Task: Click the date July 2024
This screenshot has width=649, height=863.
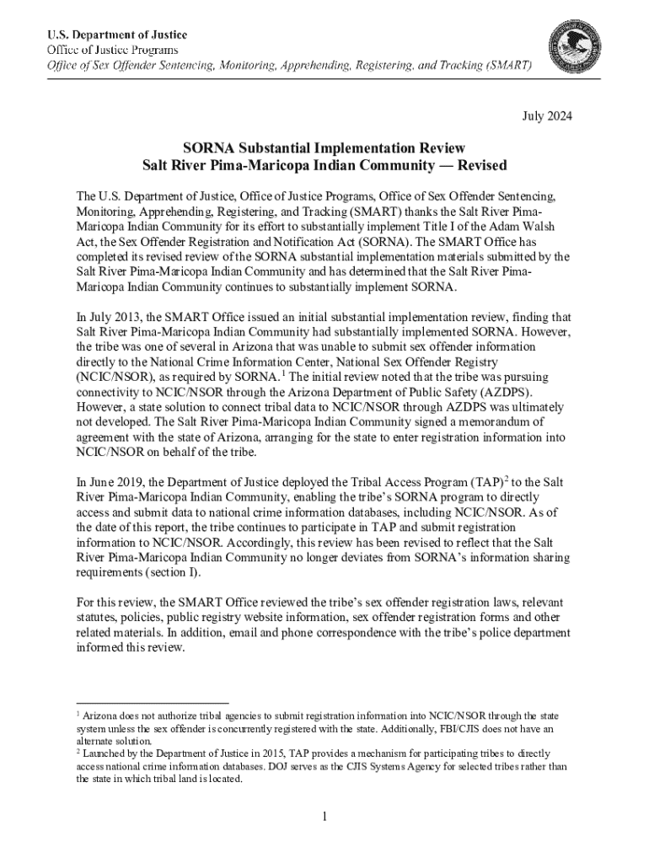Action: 545,116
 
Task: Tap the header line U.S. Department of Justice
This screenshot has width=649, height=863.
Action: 116,35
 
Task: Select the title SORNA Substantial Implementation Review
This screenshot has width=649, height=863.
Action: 324,147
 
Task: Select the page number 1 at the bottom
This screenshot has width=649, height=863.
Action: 324,817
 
